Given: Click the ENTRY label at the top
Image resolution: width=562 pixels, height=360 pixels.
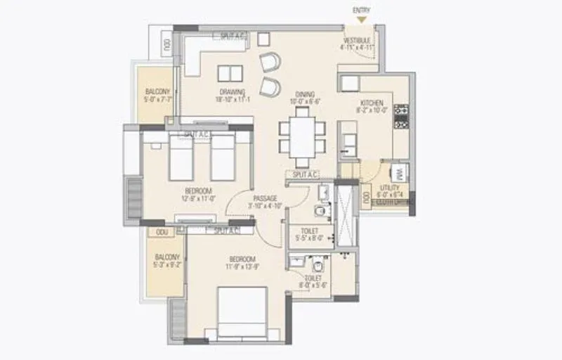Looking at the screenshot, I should [x=361, y=10].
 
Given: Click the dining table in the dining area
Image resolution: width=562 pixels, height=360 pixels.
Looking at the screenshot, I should [x=303, y=136].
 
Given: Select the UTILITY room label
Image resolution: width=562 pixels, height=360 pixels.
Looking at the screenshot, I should [x=389, y=188].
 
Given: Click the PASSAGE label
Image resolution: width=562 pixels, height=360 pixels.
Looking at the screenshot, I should [x=266, y=198].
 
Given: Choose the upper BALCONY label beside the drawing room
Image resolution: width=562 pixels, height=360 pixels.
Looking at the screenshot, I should [x=157, y=92].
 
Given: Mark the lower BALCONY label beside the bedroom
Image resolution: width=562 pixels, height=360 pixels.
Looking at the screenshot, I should [x=167, y=257].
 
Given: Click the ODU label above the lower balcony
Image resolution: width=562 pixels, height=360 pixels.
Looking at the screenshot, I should [x=162, y=231].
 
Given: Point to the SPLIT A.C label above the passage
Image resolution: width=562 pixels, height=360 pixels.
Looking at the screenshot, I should [x=303, y=174].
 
